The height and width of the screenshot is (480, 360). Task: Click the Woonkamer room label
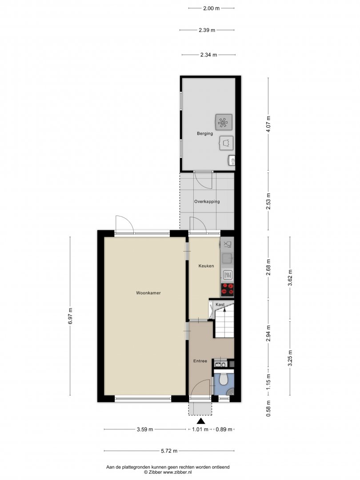tap(148, 293)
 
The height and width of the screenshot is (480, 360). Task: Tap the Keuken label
tap(206, 266)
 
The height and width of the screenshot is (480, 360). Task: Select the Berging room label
tap(205, 133)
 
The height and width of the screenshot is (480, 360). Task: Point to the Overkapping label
tap(207, 201)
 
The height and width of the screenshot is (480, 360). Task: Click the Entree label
tap(200, 361)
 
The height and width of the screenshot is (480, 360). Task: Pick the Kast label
tap(220, 304)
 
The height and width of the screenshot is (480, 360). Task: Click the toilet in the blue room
tap(224, 380)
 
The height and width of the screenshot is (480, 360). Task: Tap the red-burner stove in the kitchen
tap(228, 290)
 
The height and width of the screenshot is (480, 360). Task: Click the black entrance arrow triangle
tap(200, 421)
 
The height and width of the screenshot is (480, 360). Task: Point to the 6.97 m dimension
tap(70, 316)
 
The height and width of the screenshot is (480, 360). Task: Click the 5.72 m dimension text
tap(169, 451)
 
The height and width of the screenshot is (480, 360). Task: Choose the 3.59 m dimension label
tap(145, 429)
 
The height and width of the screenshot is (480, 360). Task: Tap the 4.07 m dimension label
tap(268, 124)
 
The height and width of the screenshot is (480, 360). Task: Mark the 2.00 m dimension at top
tap(211, 8)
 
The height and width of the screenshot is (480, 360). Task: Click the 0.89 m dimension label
tap(224, 429)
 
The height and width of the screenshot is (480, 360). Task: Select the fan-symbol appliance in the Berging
tap(224, 122)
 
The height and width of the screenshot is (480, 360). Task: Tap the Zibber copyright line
tap(168, 472)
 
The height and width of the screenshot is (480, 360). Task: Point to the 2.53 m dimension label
tap(268, 201)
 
